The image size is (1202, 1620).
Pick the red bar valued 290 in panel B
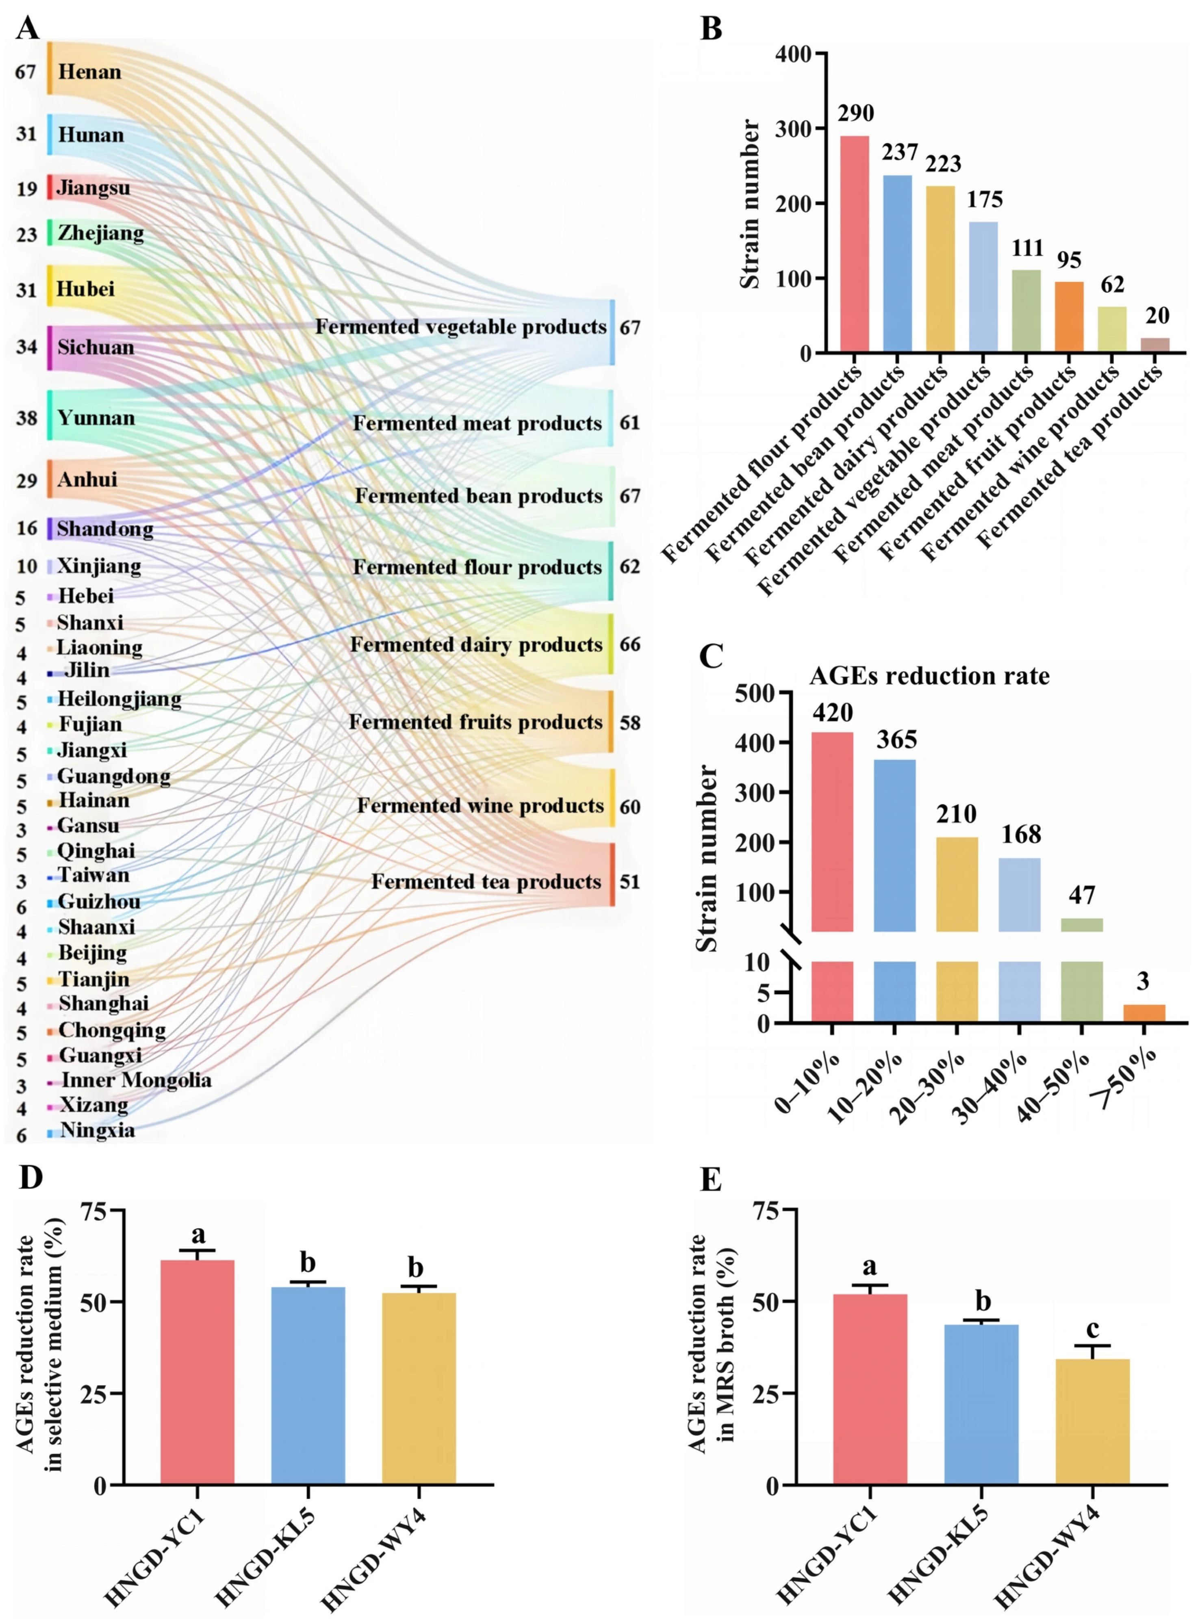(855, 245)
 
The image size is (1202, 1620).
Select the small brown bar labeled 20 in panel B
(1155, 345)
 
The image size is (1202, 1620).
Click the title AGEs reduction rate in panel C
(929, 676)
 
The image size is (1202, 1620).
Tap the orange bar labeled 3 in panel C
(1144, 1013)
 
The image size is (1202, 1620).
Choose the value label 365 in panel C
(896, 740)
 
